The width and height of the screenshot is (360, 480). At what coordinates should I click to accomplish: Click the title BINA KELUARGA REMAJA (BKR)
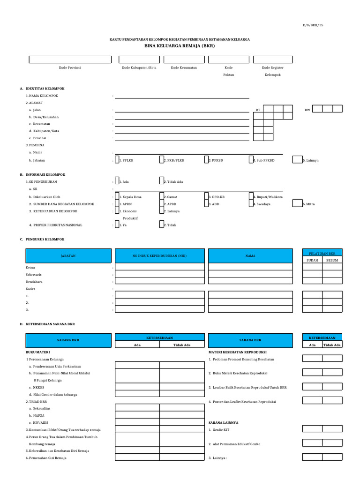[180, 47]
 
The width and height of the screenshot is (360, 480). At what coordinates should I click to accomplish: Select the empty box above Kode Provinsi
[70, 60]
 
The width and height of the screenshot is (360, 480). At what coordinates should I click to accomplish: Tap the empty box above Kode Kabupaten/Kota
[139, 60]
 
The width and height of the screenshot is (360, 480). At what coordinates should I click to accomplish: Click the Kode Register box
[273, 60]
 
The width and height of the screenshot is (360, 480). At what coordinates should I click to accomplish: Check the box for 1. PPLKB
[117, 160]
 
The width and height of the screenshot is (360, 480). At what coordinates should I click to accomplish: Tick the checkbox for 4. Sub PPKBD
[251, 160]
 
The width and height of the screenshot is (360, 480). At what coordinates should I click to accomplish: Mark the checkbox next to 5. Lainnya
[297, 160]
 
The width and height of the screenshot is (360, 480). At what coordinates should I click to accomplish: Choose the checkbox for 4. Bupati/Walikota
[251, 197]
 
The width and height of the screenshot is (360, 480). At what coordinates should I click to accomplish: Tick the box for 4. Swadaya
[251, 204]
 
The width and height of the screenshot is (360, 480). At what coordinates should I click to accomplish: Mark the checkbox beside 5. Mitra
[297, 204]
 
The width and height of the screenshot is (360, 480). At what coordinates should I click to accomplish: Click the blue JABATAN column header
[68, 256]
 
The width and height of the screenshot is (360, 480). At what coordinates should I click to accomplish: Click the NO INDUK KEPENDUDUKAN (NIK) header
[160, 256]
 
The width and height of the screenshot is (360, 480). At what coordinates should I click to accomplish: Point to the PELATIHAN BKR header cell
[322, 253]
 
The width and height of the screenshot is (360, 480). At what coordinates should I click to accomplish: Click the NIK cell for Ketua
[160, 267]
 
